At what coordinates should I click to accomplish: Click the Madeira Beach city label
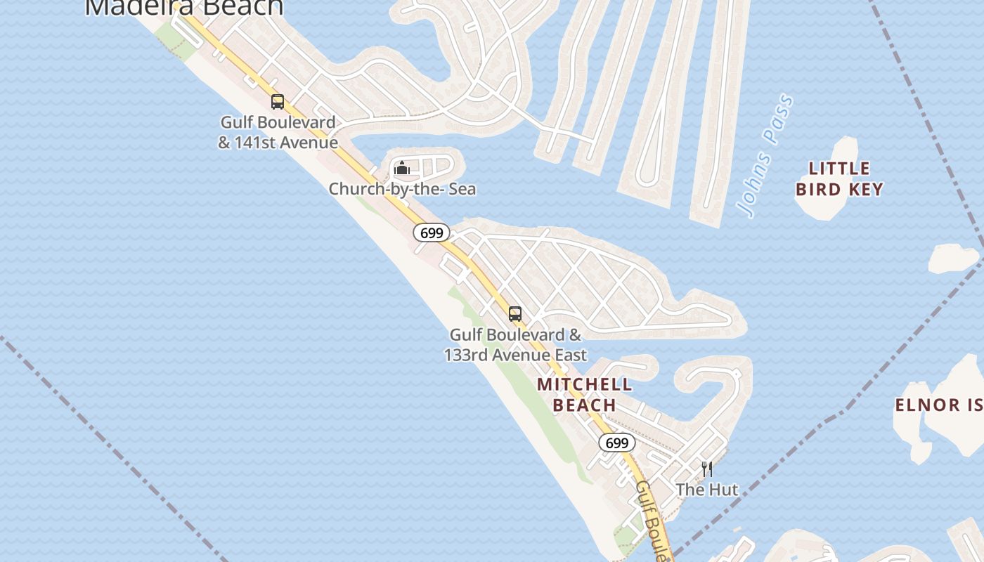[x=184, y=7]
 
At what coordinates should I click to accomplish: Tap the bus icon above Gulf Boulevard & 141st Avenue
[x=278, y=102]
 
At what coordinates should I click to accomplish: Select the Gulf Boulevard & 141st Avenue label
[x=278, y=132]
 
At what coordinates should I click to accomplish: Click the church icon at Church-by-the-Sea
[x=402, y=168]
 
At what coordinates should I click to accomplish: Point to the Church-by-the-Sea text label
[x=402, y=189]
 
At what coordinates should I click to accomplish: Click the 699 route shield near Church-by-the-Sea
[x=431, y=233]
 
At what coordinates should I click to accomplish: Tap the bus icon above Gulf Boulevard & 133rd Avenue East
[x=515, y=314]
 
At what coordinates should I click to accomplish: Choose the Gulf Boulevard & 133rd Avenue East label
[x=515, y=345]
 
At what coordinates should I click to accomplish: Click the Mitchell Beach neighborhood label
[x=585, y=395]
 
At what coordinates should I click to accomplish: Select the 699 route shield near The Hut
[x=616, y=443]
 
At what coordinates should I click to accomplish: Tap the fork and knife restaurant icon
[x=707, y=469]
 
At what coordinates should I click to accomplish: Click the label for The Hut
[x=707, y=490]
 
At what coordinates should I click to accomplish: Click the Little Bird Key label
[x=839, y=178]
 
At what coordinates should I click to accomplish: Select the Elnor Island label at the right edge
[x=938, y=405]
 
